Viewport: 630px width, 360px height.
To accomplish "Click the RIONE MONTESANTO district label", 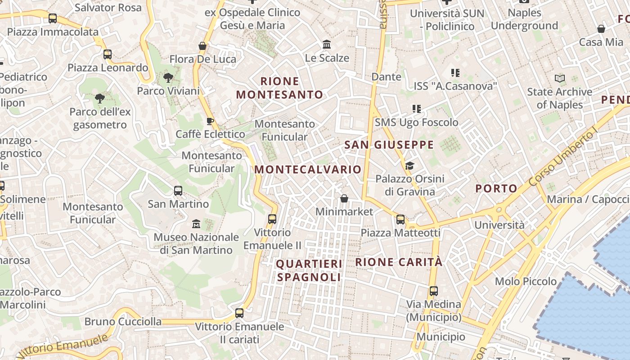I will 279,88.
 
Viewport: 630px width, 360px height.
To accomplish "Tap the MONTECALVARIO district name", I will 308,169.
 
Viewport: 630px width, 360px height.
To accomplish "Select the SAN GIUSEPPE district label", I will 389,144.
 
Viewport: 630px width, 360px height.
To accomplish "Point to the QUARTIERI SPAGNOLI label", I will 309,270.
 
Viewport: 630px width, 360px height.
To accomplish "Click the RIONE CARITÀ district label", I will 399,262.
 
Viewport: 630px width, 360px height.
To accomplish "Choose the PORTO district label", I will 496,189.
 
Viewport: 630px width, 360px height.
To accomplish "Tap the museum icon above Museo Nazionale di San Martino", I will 196,224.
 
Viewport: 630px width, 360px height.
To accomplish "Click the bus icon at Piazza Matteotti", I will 400,220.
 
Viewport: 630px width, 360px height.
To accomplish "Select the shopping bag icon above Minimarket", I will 344,198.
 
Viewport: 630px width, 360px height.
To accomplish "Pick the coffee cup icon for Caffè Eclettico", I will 210,121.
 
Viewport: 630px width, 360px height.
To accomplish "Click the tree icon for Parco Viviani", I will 168,78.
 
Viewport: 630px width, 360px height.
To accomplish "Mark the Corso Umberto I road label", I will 562,157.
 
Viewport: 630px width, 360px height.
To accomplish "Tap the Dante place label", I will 386,76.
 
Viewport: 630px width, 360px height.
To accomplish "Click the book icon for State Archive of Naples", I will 560,79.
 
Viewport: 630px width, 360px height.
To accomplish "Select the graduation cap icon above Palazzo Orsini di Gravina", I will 409,166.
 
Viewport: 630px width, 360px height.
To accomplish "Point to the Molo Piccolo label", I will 526,281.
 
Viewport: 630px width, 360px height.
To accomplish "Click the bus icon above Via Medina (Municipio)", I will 433,291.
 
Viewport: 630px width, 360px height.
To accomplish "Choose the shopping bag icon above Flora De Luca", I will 202,46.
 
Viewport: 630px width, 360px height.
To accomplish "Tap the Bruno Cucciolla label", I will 123,321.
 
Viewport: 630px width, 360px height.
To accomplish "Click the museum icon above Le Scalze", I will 327,45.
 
